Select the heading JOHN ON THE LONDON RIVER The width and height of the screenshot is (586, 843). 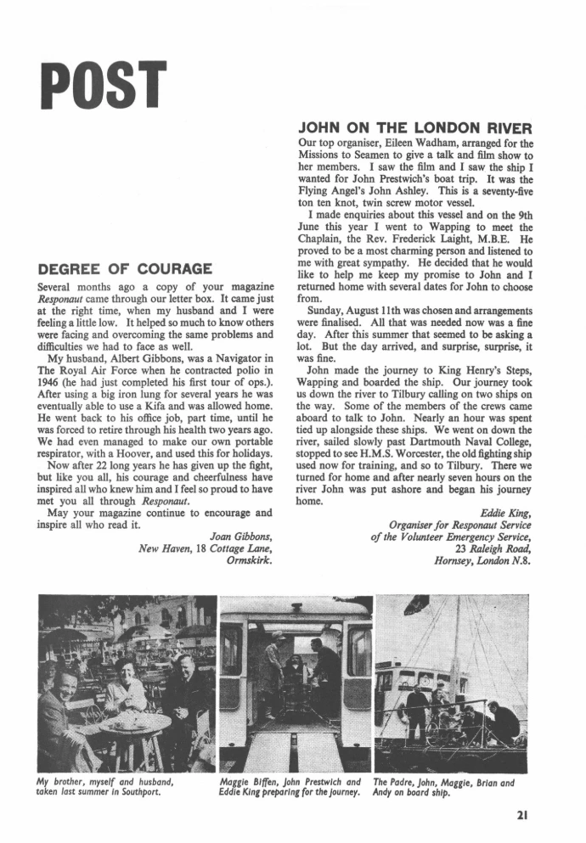tap(415, 129)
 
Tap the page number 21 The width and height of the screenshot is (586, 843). tap(521, 817)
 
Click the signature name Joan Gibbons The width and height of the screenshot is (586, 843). tap(240, 535)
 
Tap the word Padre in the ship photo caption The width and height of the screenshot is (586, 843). tap(410, 782)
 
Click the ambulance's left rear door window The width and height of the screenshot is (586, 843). tap(231, 649)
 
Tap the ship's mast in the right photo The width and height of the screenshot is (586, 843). tap(456, 645)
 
